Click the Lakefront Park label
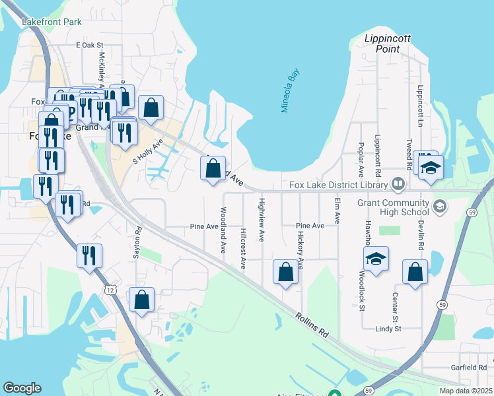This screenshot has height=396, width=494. (52, 22)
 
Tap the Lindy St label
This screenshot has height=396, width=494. (388, 328)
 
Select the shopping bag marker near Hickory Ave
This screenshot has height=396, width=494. (285, 273)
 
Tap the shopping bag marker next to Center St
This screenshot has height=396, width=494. (415, 272)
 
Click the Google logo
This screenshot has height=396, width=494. (22, 387)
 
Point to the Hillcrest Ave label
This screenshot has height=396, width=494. (244, 249)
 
